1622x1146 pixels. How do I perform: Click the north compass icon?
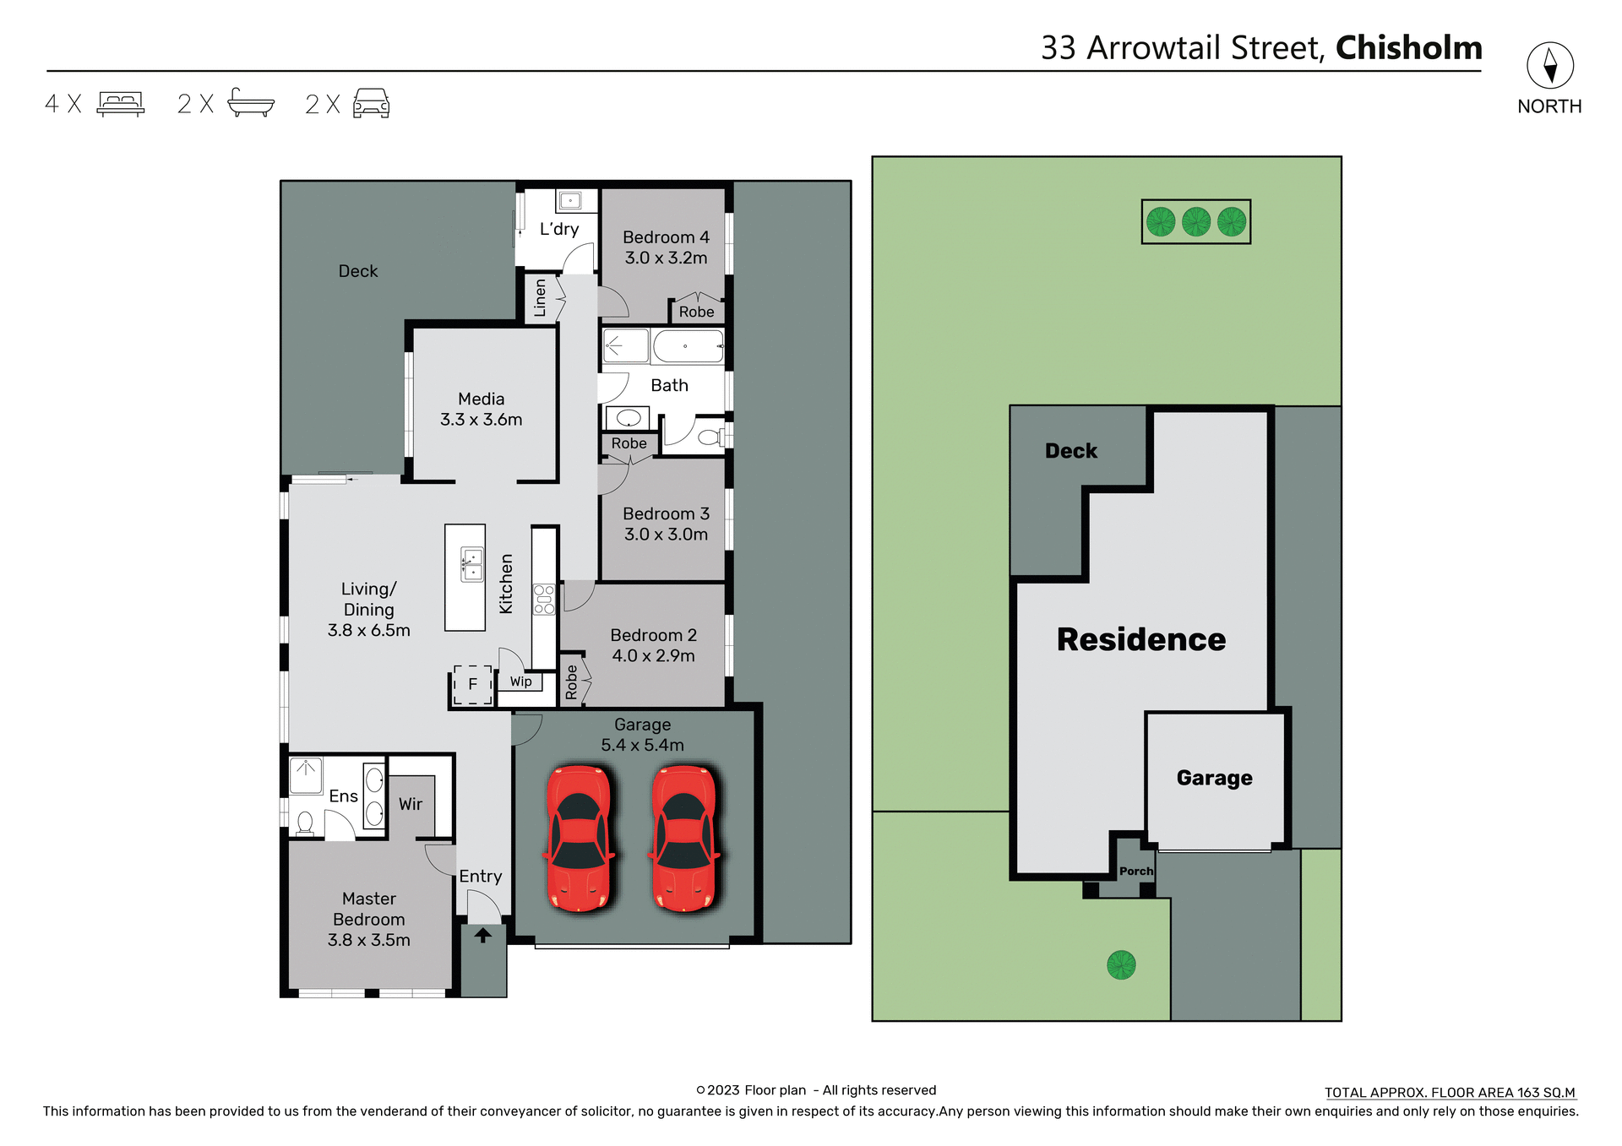pyautogui.click(x=1549, y=66)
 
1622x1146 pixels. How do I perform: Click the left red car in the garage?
pyautogui.click(x=579, y=838)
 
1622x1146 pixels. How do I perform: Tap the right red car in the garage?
pyautogui.click(x=684, y=838)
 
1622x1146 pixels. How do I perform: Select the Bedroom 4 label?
pyautogui.click(x=666, y=237)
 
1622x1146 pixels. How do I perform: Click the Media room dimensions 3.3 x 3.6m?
pyautogui.click(x=481, y=420)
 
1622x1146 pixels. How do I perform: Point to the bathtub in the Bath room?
pyautogui.click(x=688, y=346)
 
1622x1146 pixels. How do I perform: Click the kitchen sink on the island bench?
pyautogui.click(x=471, y=564)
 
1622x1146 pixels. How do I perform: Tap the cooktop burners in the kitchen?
pyautogui.click(x=544, y=599)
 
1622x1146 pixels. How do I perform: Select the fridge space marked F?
pyautogui.click(x=472, y=684)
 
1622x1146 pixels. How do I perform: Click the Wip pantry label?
pyautogui.click(x=521, y=682)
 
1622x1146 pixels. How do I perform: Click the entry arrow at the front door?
pyautogui.click(x=482, y=935)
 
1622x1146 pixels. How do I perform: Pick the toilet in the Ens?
pyautogui.click(x=305, y=823)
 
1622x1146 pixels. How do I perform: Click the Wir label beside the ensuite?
pyautogui.click(x=411, y=805)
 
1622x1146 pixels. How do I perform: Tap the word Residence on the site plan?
pyautogui.click(x=1140, y=639)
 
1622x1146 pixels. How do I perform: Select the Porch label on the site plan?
pyautogui.click(x=1135, y=871)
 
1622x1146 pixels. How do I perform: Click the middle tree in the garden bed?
pyautogui.click(x=1195, y=221)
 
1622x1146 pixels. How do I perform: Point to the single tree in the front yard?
pyautogui.click(x=1121, y=964)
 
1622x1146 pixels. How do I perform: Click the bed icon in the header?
pyautogui.click(x=121, y=104)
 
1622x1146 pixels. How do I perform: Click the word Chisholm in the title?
pyautogui.click(x=1408, y=48)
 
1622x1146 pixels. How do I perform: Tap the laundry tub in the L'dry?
pyautogui.click(x=570, y=201)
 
